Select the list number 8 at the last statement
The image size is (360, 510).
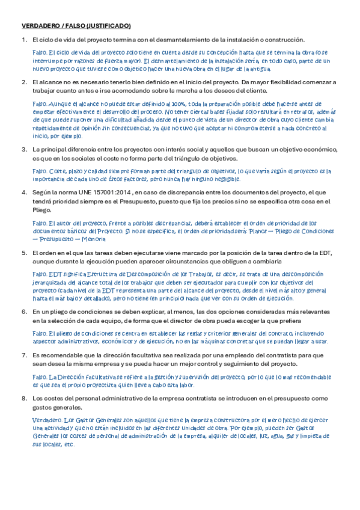click(x=23, y=398)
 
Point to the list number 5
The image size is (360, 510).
click(x=23, y=253)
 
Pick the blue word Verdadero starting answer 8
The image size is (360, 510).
click(x=46, y=419)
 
